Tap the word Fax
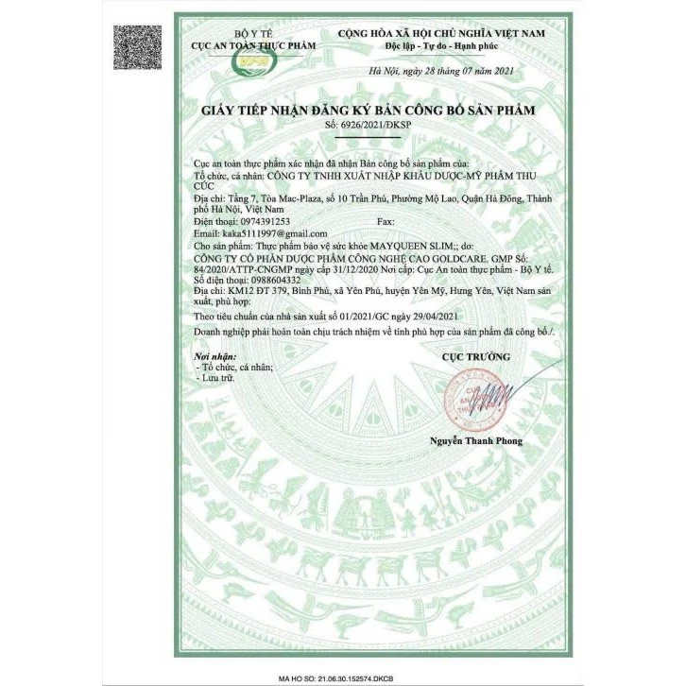(x=386, y=220)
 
